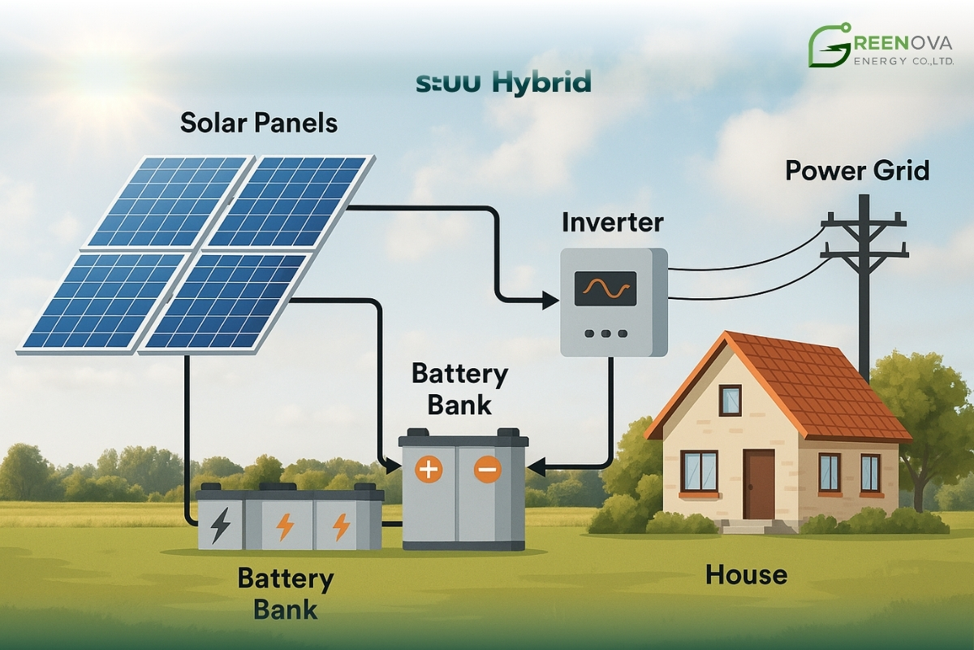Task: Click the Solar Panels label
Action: coord(259,123)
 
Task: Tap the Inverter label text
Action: coord(612,222)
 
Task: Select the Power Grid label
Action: coord(856,171)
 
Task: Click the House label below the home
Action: coord(746,574)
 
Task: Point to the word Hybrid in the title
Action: coord(541,82)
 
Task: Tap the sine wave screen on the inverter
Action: coord(605,288)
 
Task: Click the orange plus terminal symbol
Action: coord(428,470)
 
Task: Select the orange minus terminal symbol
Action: coord(487,470)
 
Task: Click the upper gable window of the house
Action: coord(730,400)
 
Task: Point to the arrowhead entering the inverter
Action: coord(553,301)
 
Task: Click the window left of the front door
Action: coord(699,470)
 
